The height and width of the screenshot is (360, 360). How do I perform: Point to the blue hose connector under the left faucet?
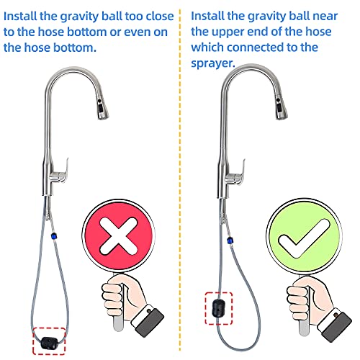click(x=53, y=234)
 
